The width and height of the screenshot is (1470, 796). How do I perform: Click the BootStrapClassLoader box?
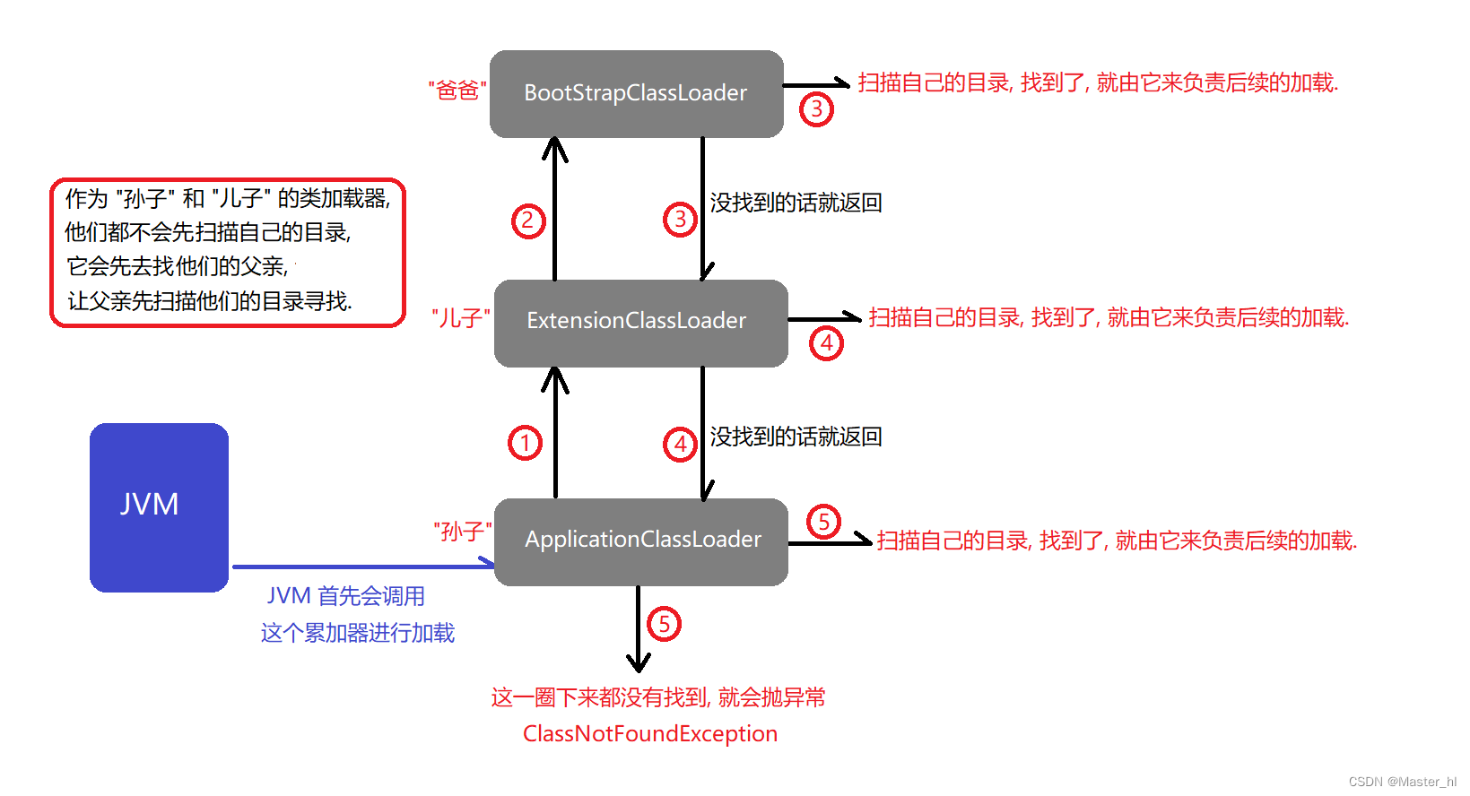pyautogui.click(x=636, y=93)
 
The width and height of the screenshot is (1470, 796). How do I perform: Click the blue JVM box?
pyautogui.click(x=159, y=506)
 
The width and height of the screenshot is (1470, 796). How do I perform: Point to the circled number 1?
pyautogui.click(x=526, y=443)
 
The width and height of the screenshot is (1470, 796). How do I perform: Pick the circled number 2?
pyautogui.click(x=528, y=221)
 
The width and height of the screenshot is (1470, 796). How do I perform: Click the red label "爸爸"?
pyautogui.click(x=457, y=91)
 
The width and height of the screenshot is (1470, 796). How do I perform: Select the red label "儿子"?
pyautogui.click(x=461, y=318)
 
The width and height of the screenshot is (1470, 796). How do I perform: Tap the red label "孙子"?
pyautogui.click(x=462, y=532)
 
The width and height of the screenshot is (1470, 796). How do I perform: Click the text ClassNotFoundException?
pyautogui.click(x=650, y=734)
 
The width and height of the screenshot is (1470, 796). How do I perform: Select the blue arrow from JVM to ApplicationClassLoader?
pyautogui.click(x=362, y=566)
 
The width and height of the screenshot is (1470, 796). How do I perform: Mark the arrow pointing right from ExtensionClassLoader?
pyautogui.click(x=824, y=318)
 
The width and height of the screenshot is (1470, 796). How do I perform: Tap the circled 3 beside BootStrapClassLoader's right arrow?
pyautogui.click(x=816, y=109)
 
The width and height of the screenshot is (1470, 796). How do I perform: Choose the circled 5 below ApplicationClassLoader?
pyautogui.click(x=664, y=624)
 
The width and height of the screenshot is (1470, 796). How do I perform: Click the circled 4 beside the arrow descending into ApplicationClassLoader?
pyautogui.click(x=680, y=444)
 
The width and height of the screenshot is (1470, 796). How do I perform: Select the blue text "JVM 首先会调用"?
pyautogui.click(x=345, y=596)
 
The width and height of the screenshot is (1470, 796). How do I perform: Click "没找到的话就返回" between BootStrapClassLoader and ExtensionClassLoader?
pyautogui.click(x=796, y=203)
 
